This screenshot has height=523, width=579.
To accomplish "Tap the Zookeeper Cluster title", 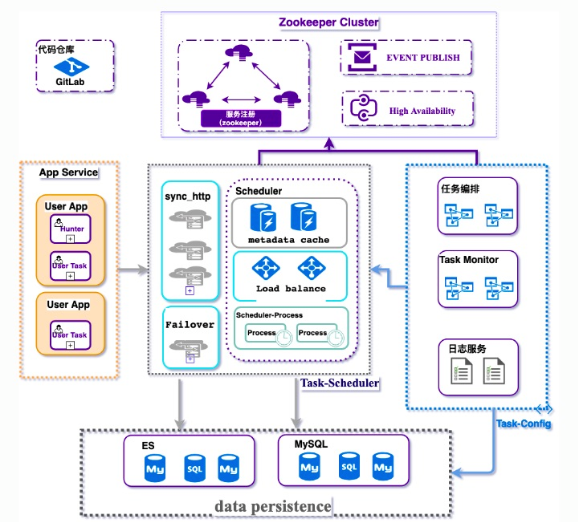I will pos(328,22).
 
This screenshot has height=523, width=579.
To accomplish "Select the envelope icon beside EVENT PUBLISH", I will pos(363,58).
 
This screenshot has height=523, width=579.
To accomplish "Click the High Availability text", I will pos(422,111).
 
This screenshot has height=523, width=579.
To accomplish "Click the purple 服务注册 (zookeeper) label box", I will pos(242,119).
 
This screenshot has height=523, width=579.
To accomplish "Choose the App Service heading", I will pos(68,172).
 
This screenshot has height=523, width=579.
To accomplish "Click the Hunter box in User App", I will pos(71,229).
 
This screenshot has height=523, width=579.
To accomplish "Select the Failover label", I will pos(190,324).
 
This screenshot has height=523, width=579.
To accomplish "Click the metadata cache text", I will pos(288,240).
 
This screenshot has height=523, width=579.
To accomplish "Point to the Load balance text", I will pos(291,288).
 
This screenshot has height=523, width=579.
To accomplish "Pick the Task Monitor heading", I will pos(469,260).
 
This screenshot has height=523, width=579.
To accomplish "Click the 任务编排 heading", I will pos(461,189).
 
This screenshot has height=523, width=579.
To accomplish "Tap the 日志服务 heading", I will pos(464,349).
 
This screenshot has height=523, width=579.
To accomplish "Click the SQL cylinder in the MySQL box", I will pos(348,464).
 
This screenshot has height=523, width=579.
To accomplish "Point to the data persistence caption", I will pos(272,506).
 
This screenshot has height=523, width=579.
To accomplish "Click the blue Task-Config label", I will pos(524,423).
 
